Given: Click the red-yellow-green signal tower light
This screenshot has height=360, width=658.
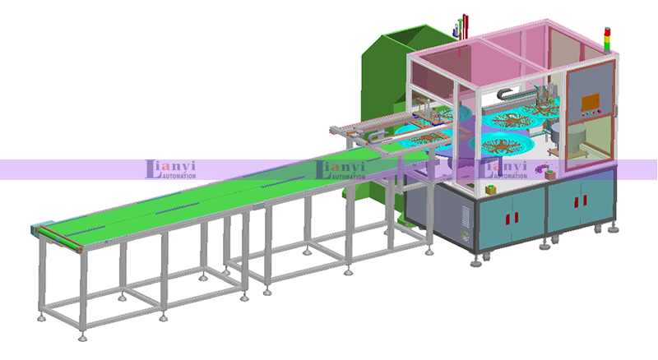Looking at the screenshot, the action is (607, 40).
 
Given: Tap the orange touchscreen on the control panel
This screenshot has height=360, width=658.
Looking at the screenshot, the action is (591, 102).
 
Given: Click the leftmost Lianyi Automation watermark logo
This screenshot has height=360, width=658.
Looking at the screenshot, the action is (170, 169).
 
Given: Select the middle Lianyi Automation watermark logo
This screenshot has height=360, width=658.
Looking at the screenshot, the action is (340, 169).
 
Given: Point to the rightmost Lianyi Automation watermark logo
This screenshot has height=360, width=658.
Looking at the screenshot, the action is (503, 169).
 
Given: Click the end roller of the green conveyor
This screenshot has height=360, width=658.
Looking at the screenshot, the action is (59, 239).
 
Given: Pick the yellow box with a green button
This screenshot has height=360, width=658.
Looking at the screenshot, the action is (490, 189).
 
